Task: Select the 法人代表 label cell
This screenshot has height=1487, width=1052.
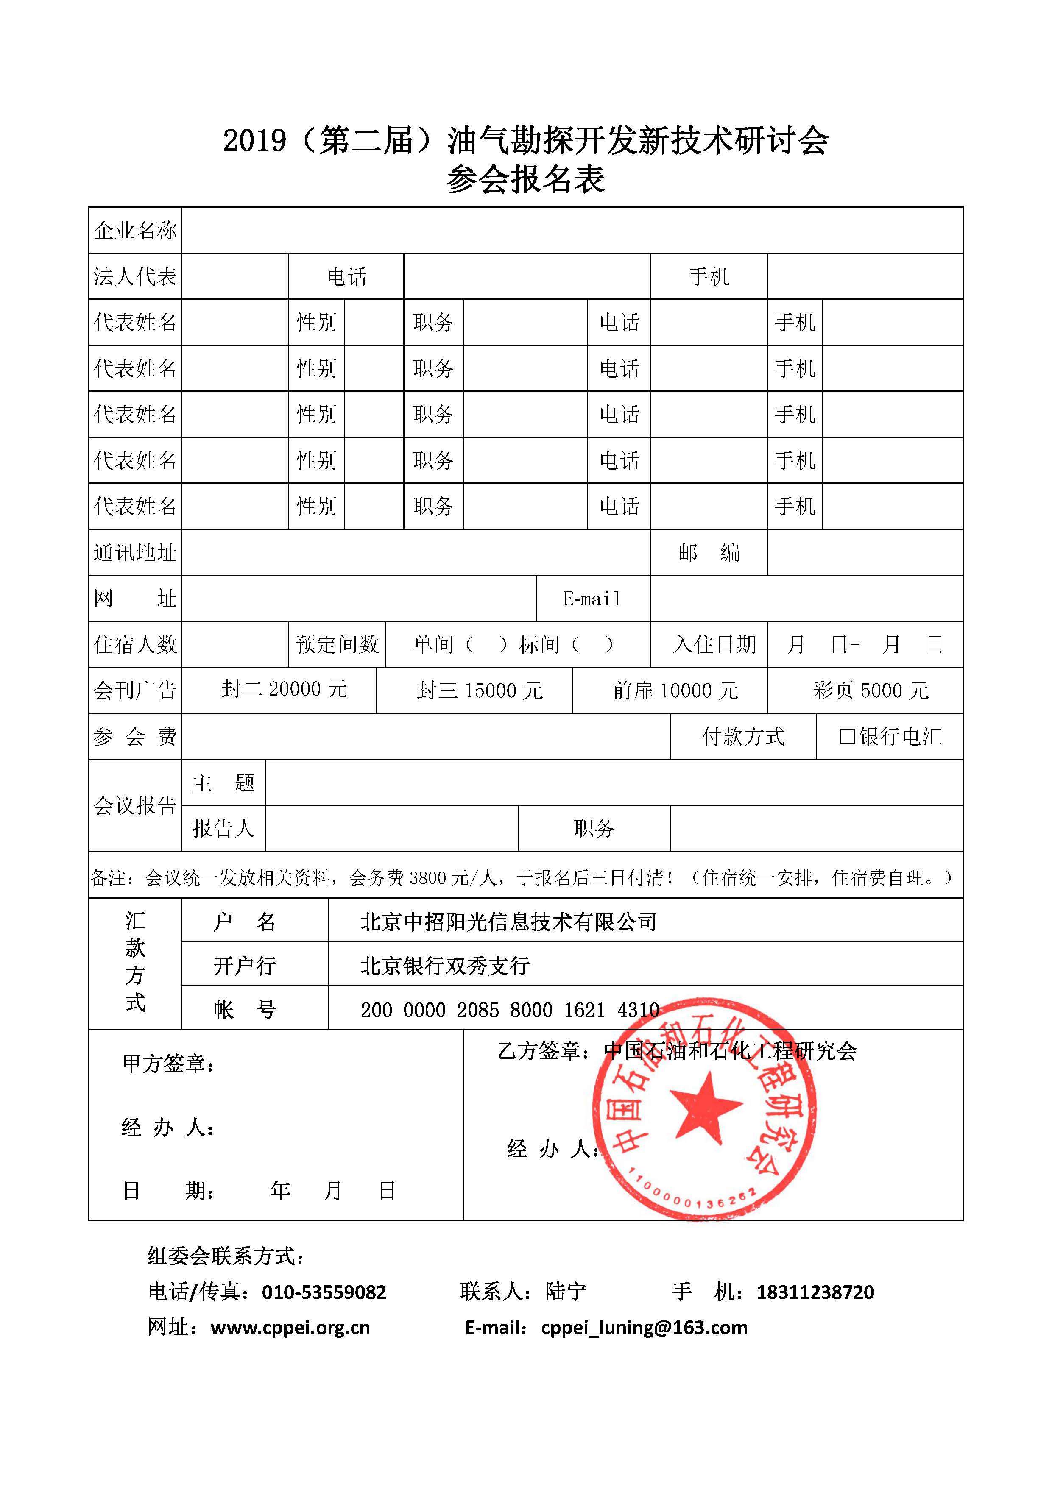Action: [x=135, y=276]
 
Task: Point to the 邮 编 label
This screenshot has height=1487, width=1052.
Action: [x=709, y=552]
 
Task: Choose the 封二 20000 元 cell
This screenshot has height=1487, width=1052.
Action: [x=285, y=689]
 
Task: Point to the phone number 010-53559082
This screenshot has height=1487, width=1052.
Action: [x=324, y=1292]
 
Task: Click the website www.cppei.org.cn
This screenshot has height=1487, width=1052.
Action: [x=290, y=1328]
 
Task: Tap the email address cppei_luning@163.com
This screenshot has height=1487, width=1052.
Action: [x=644, y=1328]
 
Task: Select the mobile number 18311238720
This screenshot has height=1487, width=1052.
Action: [x=815, y=1292]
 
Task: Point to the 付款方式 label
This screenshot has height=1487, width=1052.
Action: [x=743, y=736]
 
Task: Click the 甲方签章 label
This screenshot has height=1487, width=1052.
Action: [x=168, y=1064]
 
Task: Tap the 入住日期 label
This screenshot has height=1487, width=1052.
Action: [x=714, y=644]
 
